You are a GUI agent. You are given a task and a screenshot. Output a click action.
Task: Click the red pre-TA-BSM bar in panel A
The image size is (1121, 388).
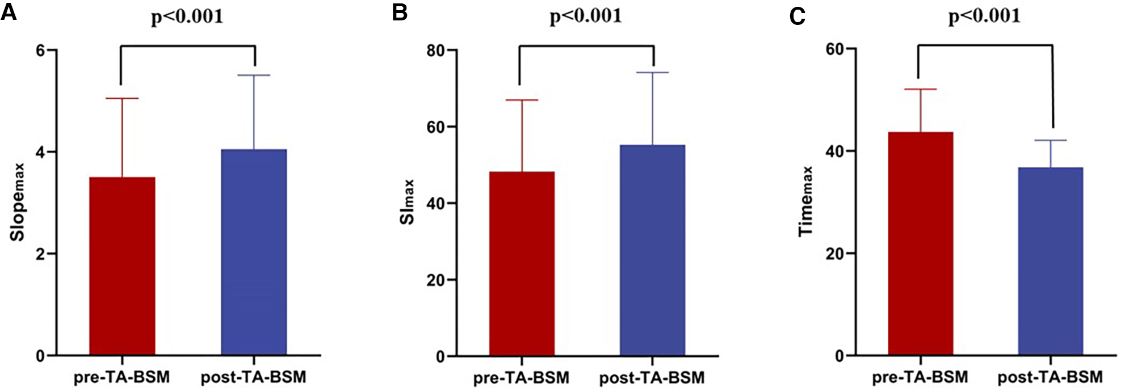(x=122, y=267)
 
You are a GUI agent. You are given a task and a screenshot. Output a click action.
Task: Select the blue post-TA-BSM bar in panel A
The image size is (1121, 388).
(x=254, y=252)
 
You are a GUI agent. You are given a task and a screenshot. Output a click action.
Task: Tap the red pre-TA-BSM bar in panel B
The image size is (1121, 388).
(x=522, y=264)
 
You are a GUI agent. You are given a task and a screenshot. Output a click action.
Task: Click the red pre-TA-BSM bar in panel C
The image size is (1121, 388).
(x=920, y=244)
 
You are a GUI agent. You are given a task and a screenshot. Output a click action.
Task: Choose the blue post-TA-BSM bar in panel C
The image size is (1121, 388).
(x=1050, y=262)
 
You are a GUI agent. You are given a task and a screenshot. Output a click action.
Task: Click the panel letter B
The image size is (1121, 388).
(x=400, y=12)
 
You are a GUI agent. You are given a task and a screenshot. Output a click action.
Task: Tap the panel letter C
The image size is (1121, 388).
(x=797, y=16)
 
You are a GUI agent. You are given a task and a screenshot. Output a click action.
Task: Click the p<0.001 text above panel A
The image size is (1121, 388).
(x=187, y=16)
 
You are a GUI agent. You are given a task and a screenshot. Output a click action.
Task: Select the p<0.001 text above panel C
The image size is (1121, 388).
(x=985, y=16)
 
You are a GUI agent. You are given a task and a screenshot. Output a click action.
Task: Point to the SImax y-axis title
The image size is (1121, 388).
(x=408, y=202)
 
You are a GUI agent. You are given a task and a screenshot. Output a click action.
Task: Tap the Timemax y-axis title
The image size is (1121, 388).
(x=806, y=202)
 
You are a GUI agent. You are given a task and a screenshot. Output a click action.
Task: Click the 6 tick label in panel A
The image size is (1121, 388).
(x=40, y=50)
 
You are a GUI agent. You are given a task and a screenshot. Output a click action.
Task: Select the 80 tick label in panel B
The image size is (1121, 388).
(x=435, y=50)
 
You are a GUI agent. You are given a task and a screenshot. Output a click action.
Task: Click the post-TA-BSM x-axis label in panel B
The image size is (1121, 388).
(x=652, y=378)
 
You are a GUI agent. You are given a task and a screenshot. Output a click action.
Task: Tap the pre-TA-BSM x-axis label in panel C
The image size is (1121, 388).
(x=920, y=377)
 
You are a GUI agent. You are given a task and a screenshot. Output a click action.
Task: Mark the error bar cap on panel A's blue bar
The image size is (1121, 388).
(x=254, y=75)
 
